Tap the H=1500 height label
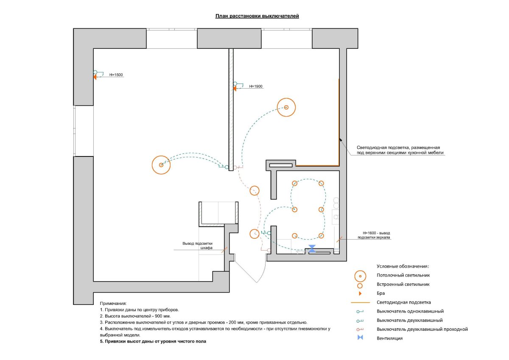[x=116, y=75]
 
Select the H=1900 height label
[x=256, y=87]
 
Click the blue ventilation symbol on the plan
[x=312, y=249]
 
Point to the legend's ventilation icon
[x=360, y=338]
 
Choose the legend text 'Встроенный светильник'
[x=403, y=285]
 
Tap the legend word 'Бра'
[x=380, y=293]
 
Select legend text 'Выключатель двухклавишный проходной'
[x=422, y=329]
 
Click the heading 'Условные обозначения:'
[x=403, y=266]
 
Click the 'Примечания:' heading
[x=113, y=304]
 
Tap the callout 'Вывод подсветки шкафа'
[x=197, y=246]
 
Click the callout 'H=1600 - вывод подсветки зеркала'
[x=374, y=235]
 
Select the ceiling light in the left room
[x=161, y=165]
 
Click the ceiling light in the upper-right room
[x=286, y=107]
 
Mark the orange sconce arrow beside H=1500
[x=95, y=77]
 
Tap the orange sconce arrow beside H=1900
[x=234, y=89]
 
